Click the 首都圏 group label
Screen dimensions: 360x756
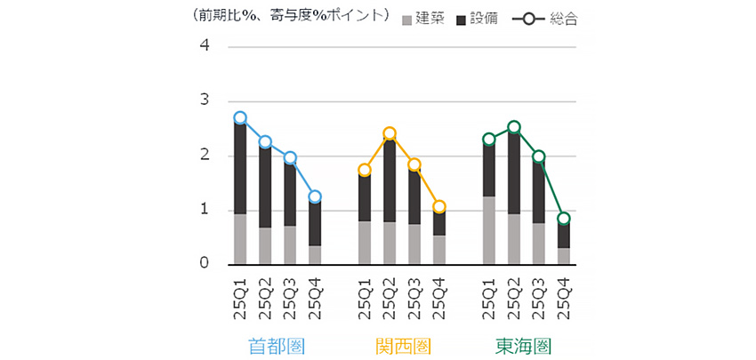(277, 344)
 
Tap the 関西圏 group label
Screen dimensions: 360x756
(402, 344)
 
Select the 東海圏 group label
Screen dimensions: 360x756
(525, 344)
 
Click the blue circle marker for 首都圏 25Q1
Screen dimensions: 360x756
(240, 118)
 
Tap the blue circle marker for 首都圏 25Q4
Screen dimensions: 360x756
(315, 196)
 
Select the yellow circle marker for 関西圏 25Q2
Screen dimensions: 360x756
(389, 133)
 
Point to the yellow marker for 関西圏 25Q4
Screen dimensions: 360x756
(438, 207)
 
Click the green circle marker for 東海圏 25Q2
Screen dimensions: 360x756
(513, 127)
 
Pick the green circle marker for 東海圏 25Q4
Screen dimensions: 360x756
(563, 219)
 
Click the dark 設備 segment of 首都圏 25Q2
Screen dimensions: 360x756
(265, 187)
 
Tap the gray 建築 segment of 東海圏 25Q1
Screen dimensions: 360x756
(488, 230)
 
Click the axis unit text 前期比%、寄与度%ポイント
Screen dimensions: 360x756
(290, 16)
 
